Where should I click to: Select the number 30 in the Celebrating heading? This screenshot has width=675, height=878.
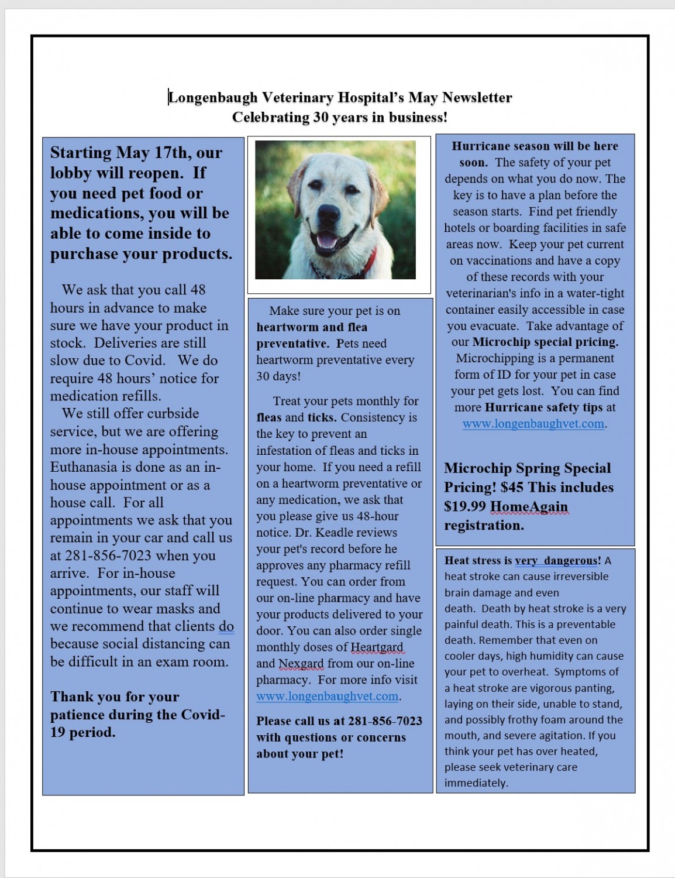(x=321, y=117)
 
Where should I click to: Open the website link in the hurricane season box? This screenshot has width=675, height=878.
(x=533, y=423)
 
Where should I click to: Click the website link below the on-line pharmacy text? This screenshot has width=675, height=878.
(x=328, y=696)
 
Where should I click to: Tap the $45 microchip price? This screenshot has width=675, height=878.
(x=512, y=488)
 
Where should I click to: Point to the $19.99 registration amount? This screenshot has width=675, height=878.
(x=465, y=506)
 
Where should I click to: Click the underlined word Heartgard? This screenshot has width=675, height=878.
(x=377, y=647)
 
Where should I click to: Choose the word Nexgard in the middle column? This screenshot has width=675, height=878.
(x=301, y=663)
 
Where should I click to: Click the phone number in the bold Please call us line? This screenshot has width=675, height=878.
(x=385, y=721)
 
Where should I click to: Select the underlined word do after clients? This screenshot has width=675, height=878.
(x=226, y=626)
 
